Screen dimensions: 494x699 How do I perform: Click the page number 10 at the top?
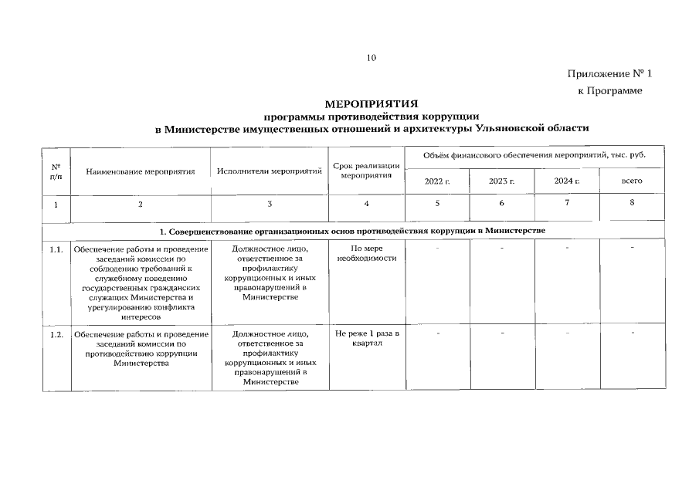[x=372, y=58]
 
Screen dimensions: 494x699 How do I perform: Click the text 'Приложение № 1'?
[x=609, y=74]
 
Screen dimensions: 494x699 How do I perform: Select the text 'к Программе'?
[x=610, y=91]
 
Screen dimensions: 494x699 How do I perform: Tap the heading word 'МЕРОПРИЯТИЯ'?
[x=372, y=103]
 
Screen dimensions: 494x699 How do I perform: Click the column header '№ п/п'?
[x=56, y=171]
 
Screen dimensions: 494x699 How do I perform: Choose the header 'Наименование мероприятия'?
[x=140, y=171]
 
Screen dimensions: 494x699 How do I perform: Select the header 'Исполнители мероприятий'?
[x=270, y=171]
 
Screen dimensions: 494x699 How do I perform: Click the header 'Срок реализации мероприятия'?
[x=366, y=171]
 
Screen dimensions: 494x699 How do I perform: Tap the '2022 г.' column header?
[x=437, y=181]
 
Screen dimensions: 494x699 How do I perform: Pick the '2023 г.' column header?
[x=502, y=181]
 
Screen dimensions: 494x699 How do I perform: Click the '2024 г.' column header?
[x=567, y=181]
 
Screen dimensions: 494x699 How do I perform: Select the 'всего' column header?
[x=632, y=181]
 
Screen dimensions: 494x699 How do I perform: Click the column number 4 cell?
[x=366, y=204]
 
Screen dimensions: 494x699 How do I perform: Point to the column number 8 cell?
[x=632, y=203]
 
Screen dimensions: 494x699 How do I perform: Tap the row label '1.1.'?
[x=56, y=250]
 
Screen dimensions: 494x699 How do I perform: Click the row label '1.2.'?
[x=56, y=335]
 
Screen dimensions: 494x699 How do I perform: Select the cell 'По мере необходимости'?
[x=366, y=253]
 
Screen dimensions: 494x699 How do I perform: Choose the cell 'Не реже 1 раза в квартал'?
[x=366, y=339]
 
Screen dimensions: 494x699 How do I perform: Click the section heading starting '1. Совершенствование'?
[x=352, y=232]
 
